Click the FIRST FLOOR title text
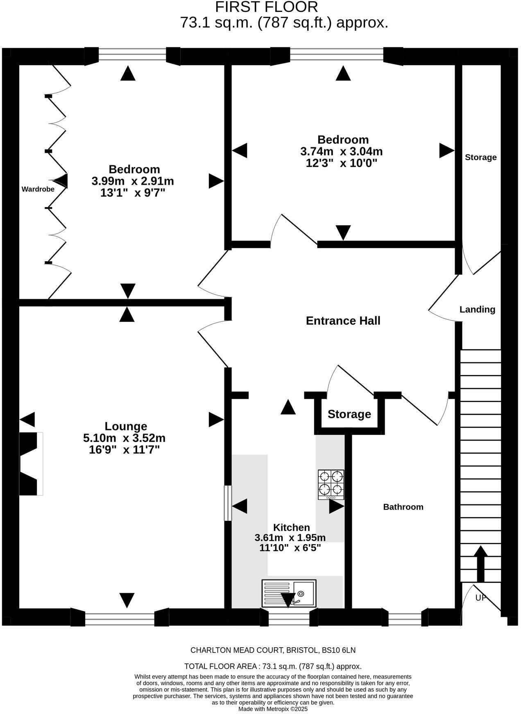click(x=266, y=7)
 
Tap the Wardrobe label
click(x=38, y=189)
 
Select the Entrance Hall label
click(x=343, y=321)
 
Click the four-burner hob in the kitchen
click(x=331, y=484)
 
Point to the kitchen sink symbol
click(x=289, y=593)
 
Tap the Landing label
click(x=477, y=310)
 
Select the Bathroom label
click(x=403, y=507)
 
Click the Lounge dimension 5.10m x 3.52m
click(x=124, y=438)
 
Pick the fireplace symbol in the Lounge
click(x=31, y=463)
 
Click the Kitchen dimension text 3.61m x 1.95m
click(x=290, y=538)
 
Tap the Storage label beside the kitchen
click(x=349, y=414)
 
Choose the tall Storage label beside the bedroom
click(x=480, y=157)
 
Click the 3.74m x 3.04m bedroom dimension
click(x=341, y=151)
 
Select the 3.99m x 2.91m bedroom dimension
click(x=133, y=181)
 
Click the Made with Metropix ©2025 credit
click(x=273, y=709)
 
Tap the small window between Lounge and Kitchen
click(x=228, y=503)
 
